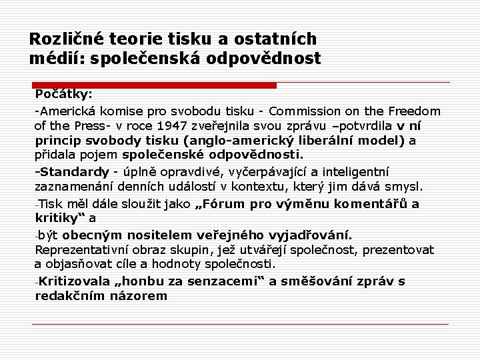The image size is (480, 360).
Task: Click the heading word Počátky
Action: point(63,94)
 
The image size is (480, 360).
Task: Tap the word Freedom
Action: point(413,110)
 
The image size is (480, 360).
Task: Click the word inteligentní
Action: point(351,172)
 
